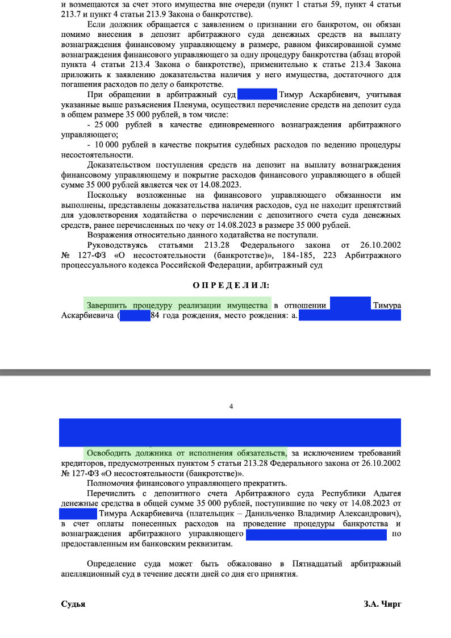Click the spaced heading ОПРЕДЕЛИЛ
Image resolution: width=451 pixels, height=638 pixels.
pyautogui.click(x=231, y=285)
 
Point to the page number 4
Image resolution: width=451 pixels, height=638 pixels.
pyautogui.click(x=231, y=406)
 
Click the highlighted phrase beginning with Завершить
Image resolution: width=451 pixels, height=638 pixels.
pyautogui.click(x=177, y=306)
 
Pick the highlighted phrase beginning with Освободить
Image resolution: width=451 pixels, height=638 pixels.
pyautogui.click(x=186, y=453)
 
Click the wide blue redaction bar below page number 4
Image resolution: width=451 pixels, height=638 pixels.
pyautogui.click(x=231, y=432)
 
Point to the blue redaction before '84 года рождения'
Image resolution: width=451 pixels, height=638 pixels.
pyautogui.click(x=135, y=316)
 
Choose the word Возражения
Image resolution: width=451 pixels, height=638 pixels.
pyautogui.click(x=111, y=235)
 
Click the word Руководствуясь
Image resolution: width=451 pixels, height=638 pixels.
pyautogui.click(x=116, y=245)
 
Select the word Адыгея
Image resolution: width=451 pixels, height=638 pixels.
pyautogui.click(x=386, y=493)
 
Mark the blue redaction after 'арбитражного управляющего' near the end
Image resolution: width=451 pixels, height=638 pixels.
pyautogui.click(x=316, y=534)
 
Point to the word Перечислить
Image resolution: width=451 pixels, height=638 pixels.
pyautogui.click(x=112, y=493)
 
